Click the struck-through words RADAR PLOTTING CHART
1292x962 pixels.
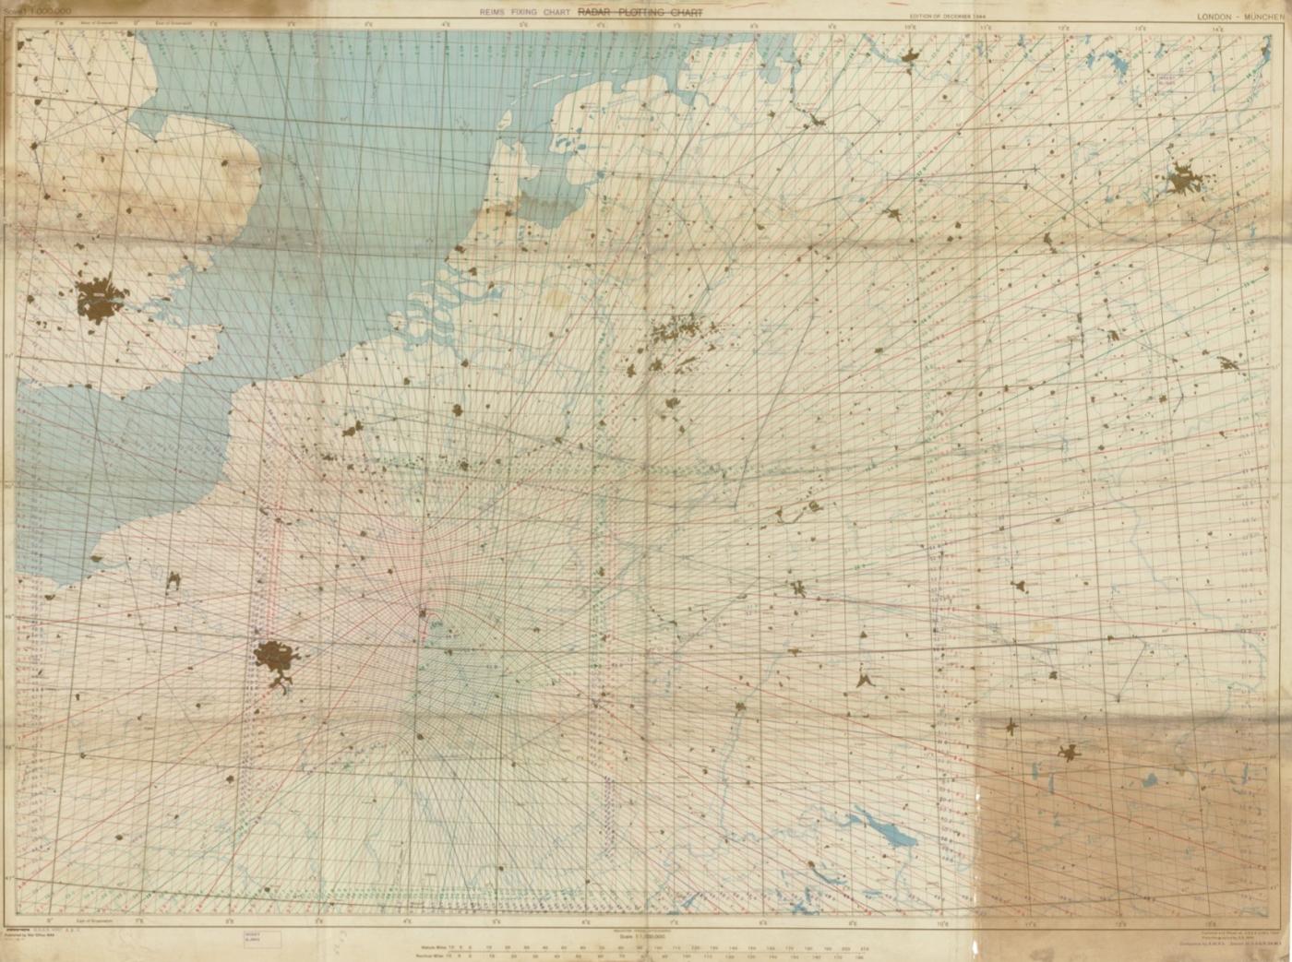(x=640, y=13)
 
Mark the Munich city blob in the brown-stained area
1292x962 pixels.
(x=1070, y=753)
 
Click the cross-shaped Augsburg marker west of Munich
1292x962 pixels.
(x=1012, y=726)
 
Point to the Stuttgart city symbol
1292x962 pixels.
(x=865, y=681)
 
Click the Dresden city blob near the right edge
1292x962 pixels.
(x=1228, y=362)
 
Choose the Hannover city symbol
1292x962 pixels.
(x=892, y=213)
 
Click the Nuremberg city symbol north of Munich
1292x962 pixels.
(x=1019, y=586)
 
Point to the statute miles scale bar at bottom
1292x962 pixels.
(x=646, y=945)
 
